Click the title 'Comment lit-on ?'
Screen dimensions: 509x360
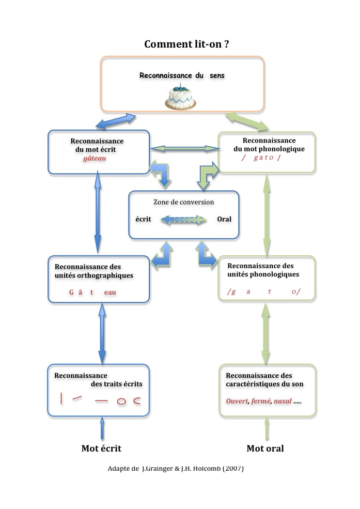tap(186, 44)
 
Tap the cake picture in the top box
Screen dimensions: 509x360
tap(181, 96)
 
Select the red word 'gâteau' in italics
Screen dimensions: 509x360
tap(94, 159)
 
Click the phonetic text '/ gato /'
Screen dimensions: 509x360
tap(261, 158)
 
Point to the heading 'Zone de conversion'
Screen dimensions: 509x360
tap(183, 202)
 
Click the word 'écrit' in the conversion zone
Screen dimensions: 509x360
tap(143, 219)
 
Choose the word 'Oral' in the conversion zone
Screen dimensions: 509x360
tap(224, 219)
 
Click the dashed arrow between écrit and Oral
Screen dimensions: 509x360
tap(183, 220)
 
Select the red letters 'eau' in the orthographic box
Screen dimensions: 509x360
tap(110, 292)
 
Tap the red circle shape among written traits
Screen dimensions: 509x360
tap(121, 402)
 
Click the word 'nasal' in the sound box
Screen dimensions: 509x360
tap(282, 401)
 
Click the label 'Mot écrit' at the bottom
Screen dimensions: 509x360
tap(101, 448)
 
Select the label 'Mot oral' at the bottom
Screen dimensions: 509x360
tap(265, 448)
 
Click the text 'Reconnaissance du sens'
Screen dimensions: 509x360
tap(182, 75)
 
